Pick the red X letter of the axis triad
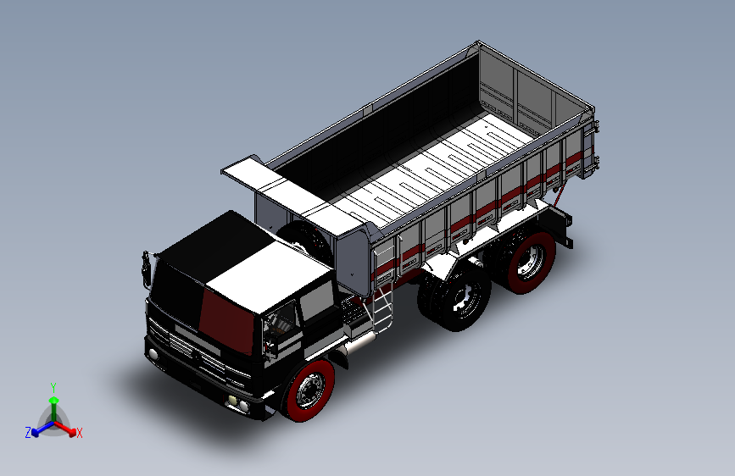[80, 433]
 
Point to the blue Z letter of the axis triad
[28, 433]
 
